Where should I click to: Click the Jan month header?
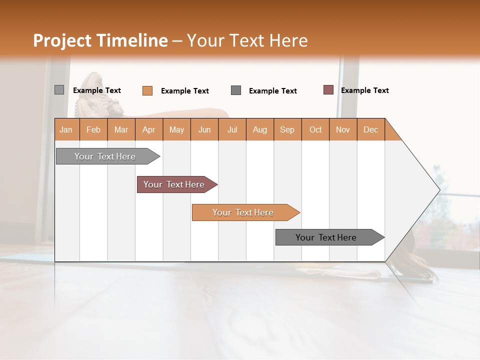pyautogui.click(x=66, y=129)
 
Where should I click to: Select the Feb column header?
pyautogui.click(x=93, y=129)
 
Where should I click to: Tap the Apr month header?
pyautogui.click(x=149, y=129)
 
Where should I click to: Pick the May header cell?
pyautogui.click(x=176, y=129)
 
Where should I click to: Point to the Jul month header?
pyautogui.click(x=232, y=129)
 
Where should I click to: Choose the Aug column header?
pyautogui.click(x=260, y=129)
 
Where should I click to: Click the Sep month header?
pyautogui.click(x=287, y=129)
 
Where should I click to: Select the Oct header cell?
pyautogui.click(x=315, y=129)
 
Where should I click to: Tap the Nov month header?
pyautogui.click(x=343, y=129)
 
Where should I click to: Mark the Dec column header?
pyautogui.click(x=370, y=129)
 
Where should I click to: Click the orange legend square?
pyautogui.click(x=147, y=90)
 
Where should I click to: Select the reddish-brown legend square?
pyautogui.click(x=328, y=90)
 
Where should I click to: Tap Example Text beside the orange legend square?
pyautogui.click(x=185, y=91)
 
